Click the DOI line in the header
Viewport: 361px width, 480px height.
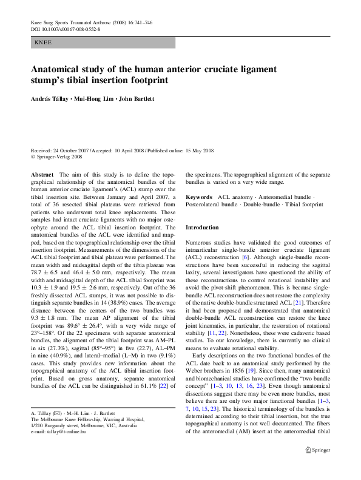[66, 29]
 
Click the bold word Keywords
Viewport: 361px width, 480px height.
[198, 197]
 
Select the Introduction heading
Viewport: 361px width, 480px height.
[202, 227]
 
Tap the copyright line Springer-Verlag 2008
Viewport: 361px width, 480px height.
[58, 157]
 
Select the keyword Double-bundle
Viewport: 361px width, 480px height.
[258, 205]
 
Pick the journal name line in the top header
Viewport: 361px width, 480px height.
[91, 22]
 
